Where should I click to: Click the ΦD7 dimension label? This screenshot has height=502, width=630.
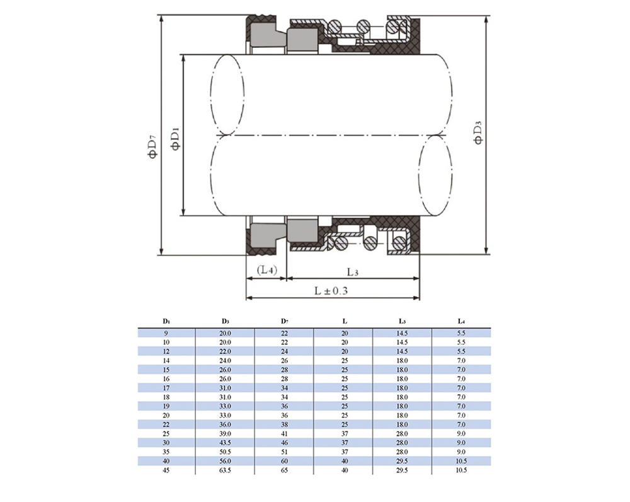(x=152, y=146)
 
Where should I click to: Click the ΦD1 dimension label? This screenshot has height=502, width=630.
(x=176, y=139)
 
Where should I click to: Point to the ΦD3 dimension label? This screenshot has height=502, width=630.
(x=478, y=132)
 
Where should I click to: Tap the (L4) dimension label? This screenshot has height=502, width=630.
(x=266, y=269)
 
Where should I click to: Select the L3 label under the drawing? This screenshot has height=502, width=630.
(x=352, y=272)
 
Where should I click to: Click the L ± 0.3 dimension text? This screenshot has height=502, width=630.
(x=331, y=291)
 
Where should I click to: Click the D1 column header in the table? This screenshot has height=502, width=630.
(x=166, y=321)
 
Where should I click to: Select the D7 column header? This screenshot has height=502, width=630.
(x=285, y=321)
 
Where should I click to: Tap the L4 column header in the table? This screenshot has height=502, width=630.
(x=461, y=321)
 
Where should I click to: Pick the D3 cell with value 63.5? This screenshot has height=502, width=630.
(x=225, y=470)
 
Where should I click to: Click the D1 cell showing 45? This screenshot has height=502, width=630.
(x=166, y=470)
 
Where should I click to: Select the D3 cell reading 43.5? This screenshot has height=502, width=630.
(x=225, y=443)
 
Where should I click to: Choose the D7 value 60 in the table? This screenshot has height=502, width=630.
(x=285, y=461)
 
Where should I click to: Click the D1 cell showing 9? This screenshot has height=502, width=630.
(x=166, y=333)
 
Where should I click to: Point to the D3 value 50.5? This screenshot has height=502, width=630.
(x=225, y=452)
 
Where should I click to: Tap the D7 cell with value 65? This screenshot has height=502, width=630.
(x=285, y=470)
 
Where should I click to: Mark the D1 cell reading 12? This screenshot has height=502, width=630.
(x=166, y=351)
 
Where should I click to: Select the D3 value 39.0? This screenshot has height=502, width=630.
(x=225, y=434)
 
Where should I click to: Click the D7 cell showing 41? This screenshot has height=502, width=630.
(x=285, y=434)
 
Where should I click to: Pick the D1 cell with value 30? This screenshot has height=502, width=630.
(x=166, y=443)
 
